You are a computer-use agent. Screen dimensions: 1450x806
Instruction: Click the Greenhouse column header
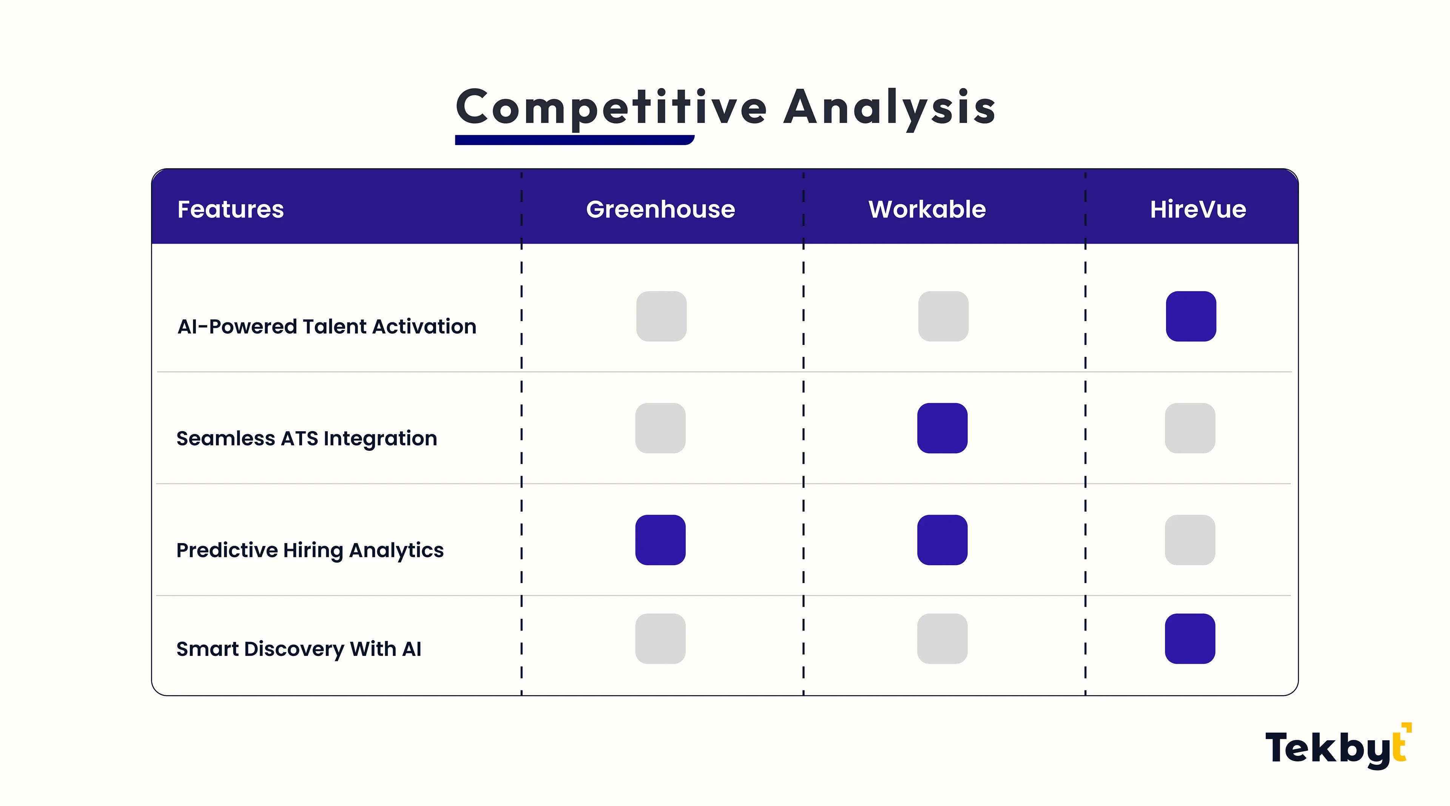[660, 209]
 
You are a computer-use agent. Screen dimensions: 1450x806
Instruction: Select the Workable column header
[927, 209]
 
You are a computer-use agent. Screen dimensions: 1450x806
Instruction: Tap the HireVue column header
[1198, 209]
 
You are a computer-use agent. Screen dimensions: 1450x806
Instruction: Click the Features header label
[231, 209]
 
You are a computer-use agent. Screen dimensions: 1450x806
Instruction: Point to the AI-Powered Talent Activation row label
[327, 327]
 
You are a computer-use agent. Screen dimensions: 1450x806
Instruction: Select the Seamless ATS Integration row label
[307, 439]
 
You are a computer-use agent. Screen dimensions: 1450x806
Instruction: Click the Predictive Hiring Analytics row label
[310, 550]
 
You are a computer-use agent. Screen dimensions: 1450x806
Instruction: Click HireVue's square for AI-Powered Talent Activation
[1191, 316]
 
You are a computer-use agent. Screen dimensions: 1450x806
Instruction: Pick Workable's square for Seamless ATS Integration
[942, 428]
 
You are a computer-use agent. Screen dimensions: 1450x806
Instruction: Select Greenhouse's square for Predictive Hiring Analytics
[660, 540]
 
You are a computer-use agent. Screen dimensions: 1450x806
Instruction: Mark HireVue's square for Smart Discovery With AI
[1190, 639]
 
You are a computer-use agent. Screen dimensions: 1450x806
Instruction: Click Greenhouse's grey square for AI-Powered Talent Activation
[662, 316]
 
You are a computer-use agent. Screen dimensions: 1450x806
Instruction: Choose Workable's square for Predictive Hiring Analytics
[942, 540]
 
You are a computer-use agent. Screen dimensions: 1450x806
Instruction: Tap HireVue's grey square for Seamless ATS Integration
[1190, 428]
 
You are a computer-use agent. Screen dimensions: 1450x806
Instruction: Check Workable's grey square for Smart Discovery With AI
[942, 639]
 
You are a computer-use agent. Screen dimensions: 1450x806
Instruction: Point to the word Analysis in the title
[890, 108]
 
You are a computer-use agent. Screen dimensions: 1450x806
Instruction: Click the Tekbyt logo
[1338, 747]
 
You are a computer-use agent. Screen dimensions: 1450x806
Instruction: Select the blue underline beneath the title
[575, 140]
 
